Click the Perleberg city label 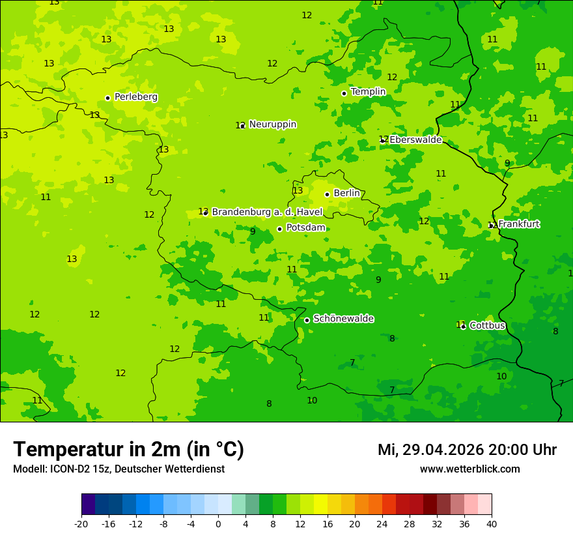[x=135, y=97]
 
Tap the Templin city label [x=368, y=92]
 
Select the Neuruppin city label [x=272, y=124]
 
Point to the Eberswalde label [x=415, y=139]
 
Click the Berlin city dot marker [x=327, y=194]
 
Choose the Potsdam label [x=305, y=228]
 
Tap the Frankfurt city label [x=519, y=224]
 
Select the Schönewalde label [x=343, y=319]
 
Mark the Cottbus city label [x=487, y=325]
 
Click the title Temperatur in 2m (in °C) [x=128, y=449]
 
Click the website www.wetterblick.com [x=469, y=469]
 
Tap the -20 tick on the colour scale [x=81, y=524]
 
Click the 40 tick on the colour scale [x=491, y=524]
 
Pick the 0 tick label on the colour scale [x=218, y=524]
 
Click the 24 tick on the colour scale [x=382, y=524]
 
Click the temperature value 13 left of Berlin [x=298, y=191]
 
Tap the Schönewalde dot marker [x=307, y=320]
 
